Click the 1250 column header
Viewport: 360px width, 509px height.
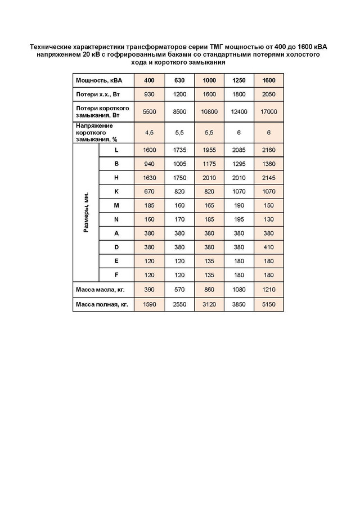(239, 80)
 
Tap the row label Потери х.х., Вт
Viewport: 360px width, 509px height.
(97, 93)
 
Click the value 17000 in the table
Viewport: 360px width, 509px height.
(269, 111)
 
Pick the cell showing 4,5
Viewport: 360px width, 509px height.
(150, 133)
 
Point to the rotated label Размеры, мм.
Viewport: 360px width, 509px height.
(86, 213)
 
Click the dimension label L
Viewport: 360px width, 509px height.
(116, 150)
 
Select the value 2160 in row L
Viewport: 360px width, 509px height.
(269, 150)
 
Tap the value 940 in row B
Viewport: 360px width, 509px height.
(150, 164)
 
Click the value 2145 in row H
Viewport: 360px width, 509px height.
(269, 178)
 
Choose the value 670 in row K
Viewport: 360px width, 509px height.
(150, 192)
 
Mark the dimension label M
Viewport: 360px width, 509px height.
(116, 206)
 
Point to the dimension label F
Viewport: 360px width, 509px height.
(116, 276)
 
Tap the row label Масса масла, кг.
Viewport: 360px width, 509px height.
(100, 290)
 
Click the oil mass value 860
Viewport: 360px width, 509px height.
(209, 290)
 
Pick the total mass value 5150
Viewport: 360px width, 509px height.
(269, 304)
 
